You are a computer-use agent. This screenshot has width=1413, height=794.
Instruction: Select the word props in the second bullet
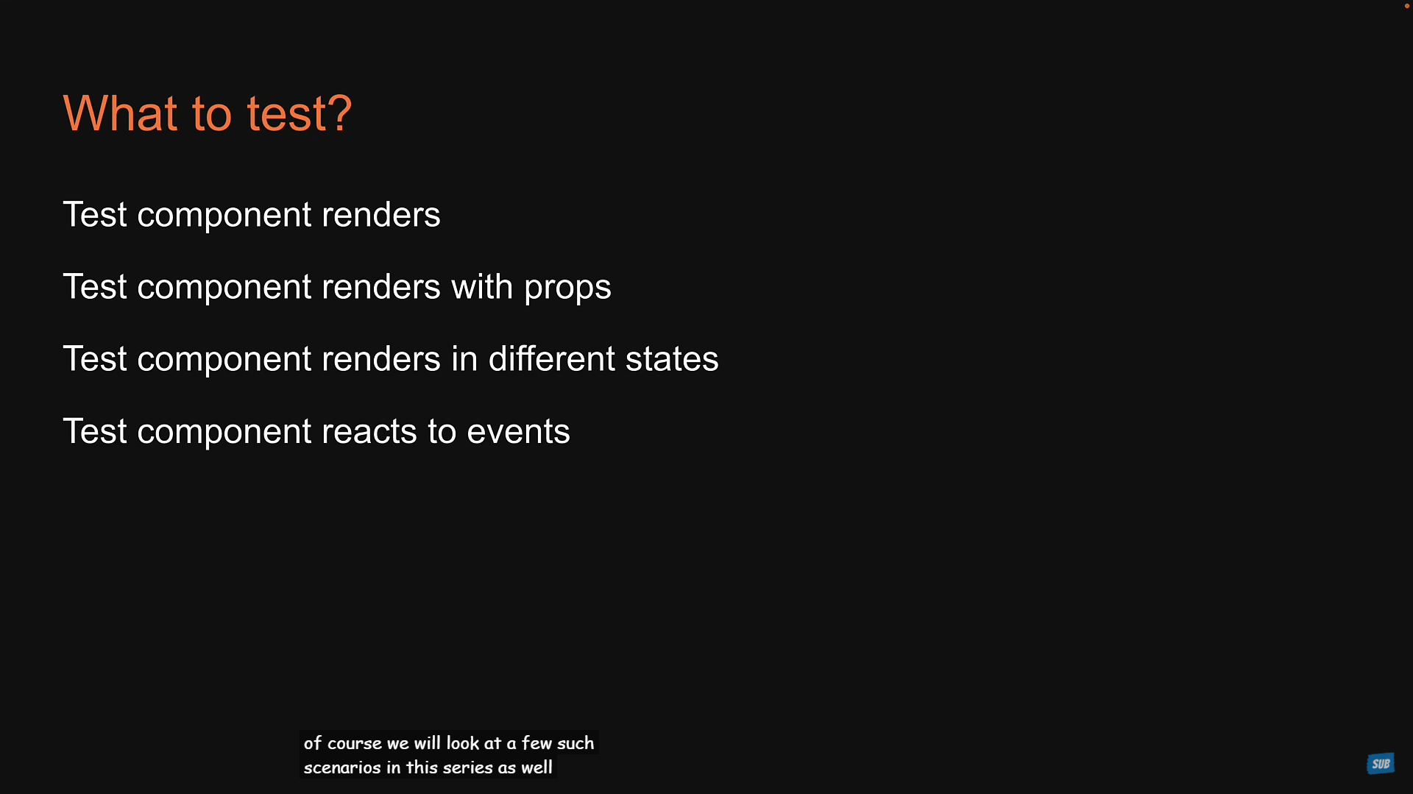pos(567,288)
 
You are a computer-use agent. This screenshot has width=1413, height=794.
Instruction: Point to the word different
pos(552,358)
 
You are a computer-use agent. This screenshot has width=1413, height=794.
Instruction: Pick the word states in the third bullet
pos(672,359)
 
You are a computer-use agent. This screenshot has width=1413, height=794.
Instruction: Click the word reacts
pos(369,432)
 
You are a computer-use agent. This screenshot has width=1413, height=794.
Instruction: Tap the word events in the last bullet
pos(518,432)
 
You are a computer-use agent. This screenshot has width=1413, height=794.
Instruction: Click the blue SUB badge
pos(1381,764)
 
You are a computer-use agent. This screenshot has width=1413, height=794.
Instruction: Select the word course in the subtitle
pos(355,744)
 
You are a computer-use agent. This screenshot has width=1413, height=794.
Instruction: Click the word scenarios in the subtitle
pos(342,768)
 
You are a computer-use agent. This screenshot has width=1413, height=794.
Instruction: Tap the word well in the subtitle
pos(536,768)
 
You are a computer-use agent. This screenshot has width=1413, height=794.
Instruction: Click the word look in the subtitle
pos(463,743)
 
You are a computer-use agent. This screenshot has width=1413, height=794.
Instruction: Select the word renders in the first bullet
pos(380,215)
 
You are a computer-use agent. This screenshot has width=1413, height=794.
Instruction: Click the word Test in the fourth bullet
pos(95,431)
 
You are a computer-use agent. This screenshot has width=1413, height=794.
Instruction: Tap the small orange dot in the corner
pos(1407,6)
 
